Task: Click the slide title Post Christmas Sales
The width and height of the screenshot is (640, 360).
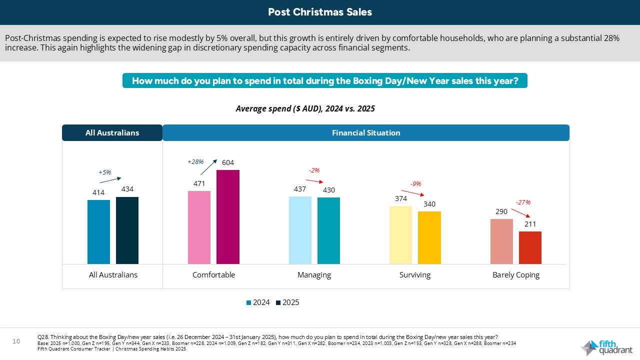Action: (x=320, y=12)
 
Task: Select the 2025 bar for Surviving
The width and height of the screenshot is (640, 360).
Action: (x=429, y=237)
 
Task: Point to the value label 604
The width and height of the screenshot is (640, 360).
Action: (x=228, y=162)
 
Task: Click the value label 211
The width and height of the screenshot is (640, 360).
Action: (x=530, y=224)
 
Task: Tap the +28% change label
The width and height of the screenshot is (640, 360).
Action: (x=195, y=161)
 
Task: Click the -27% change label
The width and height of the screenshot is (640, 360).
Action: (x=523, y=202)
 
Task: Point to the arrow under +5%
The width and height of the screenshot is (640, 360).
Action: (x=110, y=180)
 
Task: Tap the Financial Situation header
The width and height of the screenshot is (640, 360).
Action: (x=366, y=133)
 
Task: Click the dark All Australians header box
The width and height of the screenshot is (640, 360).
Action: (x=112, y=133)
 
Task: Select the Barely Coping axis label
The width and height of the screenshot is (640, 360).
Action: (x=516, y=275)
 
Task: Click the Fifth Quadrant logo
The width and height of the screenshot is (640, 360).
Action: (x=606, y=347)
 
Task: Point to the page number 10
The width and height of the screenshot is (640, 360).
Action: (x=16, y=341)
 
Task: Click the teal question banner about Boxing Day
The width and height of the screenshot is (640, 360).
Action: (x=325, y=80)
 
